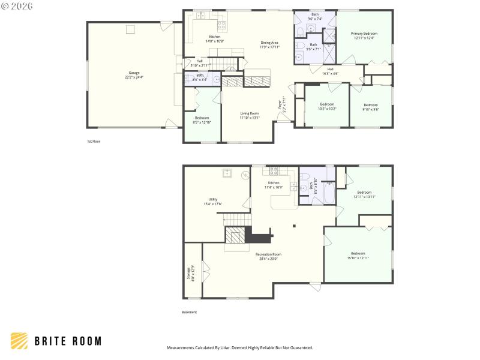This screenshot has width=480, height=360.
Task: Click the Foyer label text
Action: pos(280,104)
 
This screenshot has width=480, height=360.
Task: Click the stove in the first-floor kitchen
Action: pos(222,25)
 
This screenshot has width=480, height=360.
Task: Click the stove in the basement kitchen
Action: pos(275,171)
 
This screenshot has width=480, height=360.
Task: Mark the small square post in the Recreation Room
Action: pos(293,226)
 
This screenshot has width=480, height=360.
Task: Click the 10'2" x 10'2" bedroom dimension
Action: pos(327,109)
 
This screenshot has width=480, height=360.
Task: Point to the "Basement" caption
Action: pos(189,312)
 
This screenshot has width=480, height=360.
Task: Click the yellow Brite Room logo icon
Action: pos(19,341)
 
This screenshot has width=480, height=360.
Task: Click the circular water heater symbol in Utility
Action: pos(245,176)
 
